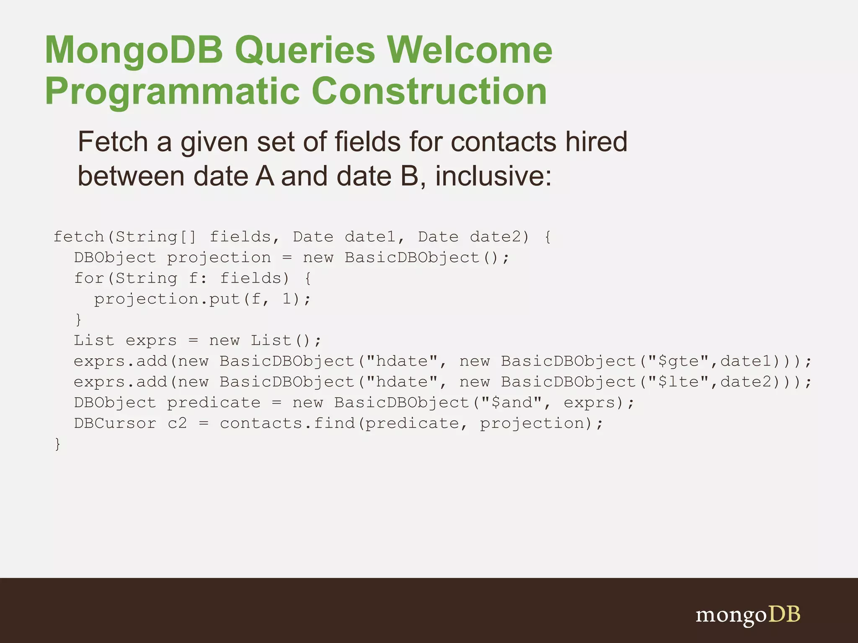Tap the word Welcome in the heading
pos(469,50)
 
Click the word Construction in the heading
pos(429,91)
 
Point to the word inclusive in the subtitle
pos(493,176)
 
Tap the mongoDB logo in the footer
pos(748,615)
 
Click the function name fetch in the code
pos(79,237)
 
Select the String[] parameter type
pos(156,237)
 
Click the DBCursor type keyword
pos(115,423)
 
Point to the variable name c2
pos(177,423)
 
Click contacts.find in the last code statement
pos(287,423)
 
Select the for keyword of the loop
pos(89,278)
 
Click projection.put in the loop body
pos(167,299)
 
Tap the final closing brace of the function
pos(57,444)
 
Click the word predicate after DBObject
pos(214,403)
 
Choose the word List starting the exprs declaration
pos(94,340)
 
